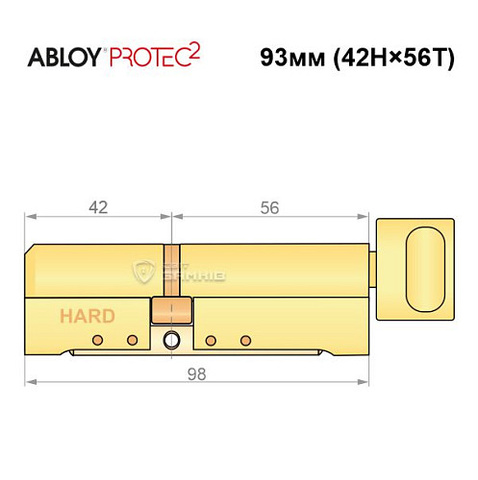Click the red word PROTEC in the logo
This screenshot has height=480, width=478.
146,56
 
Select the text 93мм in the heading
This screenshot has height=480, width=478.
289,56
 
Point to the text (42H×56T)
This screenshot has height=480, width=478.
379,56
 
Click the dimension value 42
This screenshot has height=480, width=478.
96,206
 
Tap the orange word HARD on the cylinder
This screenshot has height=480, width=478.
88,316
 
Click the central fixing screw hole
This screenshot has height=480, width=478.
172,340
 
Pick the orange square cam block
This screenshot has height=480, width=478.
172,312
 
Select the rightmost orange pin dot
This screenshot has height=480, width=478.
246,341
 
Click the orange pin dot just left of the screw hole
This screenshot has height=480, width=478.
133,341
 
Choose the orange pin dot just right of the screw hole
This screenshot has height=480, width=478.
210,341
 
